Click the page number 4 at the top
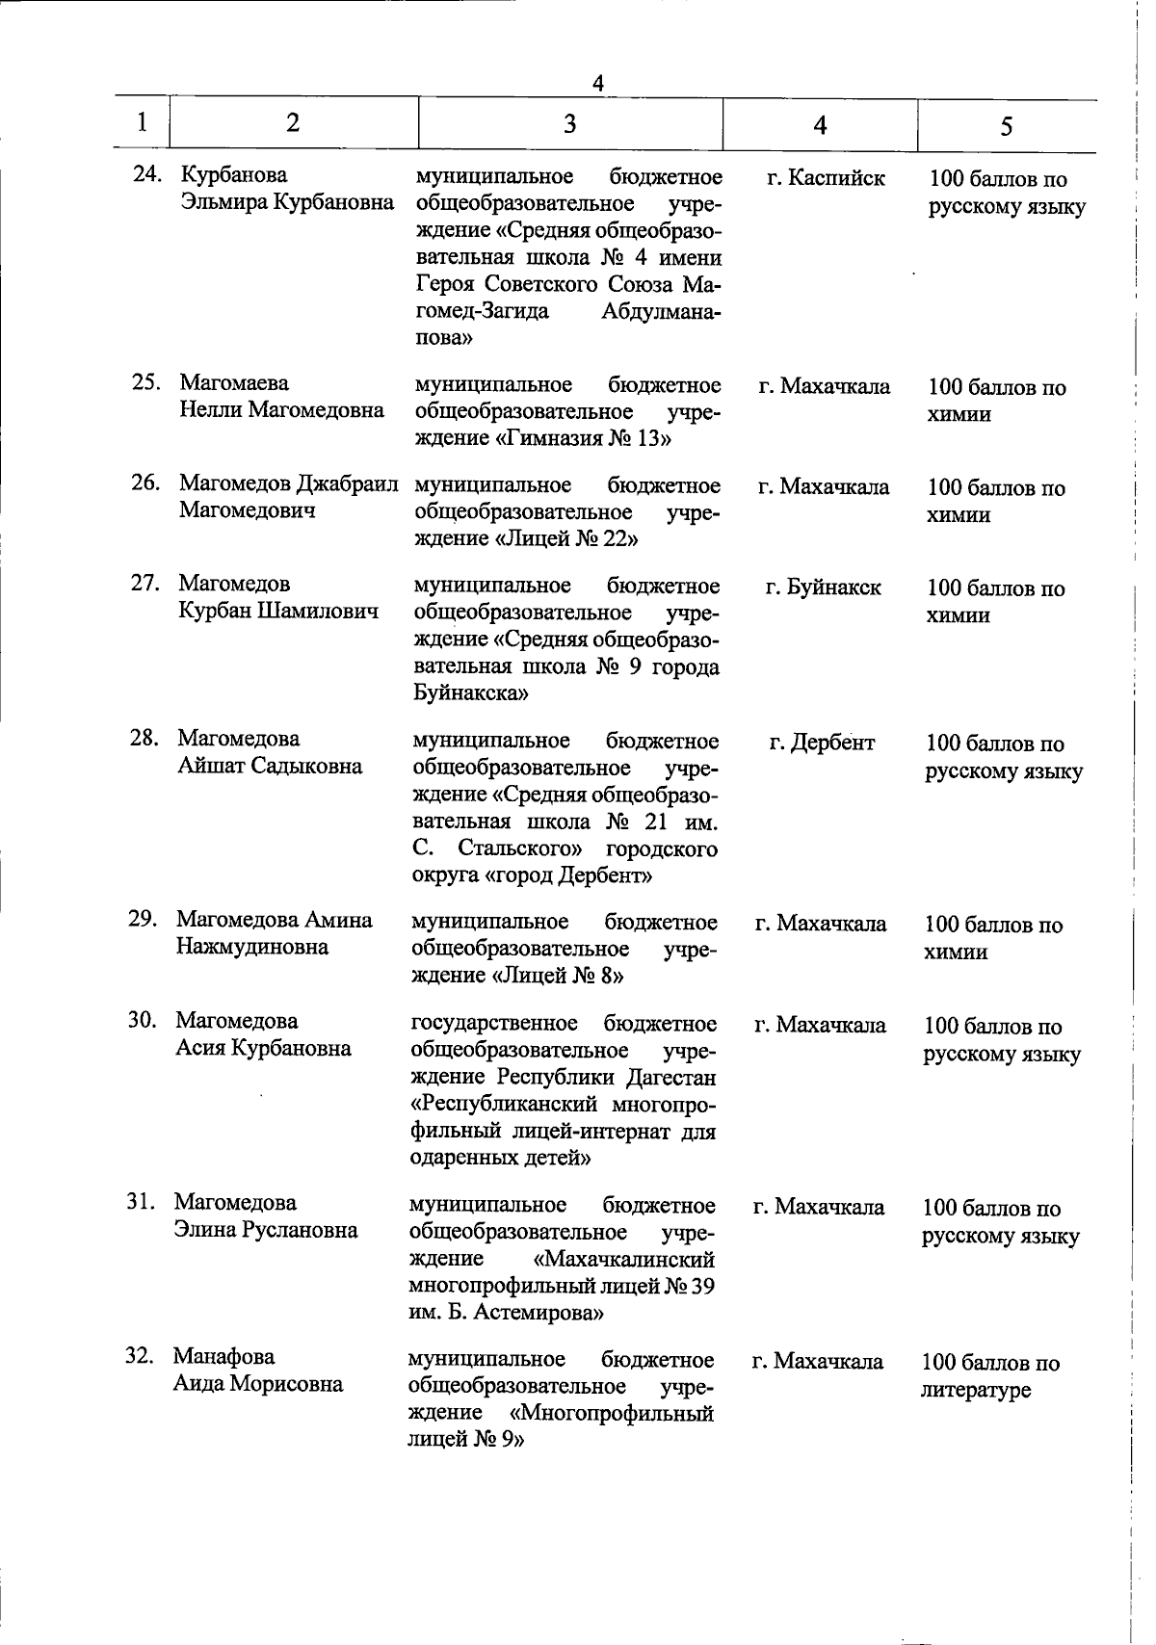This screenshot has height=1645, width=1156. (x=597, y=84)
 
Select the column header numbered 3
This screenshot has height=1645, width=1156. (x=570, y=123)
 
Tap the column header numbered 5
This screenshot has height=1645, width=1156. (x=1006, y=126)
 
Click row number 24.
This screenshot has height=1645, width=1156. (x=146, y=175)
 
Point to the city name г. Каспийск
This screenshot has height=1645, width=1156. (x=826, y=178)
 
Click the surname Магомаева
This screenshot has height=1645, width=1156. (x=234, y=383)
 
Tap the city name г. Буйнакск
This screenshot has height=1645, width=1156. (x=823, y=587)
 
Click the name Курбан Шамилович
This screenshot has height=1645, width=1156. (x=278, y=612)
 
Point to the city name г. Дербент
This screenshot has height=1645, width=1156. (x=822, y=743)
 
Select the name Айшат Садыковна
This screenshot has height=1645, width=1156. (x=270, y=767)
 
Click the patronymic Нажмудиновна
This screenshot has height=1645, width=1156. (x=251, y=947)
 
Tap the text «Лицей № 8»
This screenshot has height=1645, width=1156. (x=558, y=976)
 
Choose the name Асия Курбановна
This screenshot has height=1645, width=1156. (x=263, y=1048)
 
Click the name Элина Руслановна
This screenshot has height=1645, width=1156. (x=265, y=1230)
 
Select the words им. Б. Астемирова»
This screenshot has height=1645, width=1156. (x=507, y=1313)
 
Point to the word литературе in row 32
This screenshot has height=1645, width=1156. (x=976, y=1390)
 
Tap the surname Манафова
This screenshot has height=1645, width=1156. (x=223, y=1357)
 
